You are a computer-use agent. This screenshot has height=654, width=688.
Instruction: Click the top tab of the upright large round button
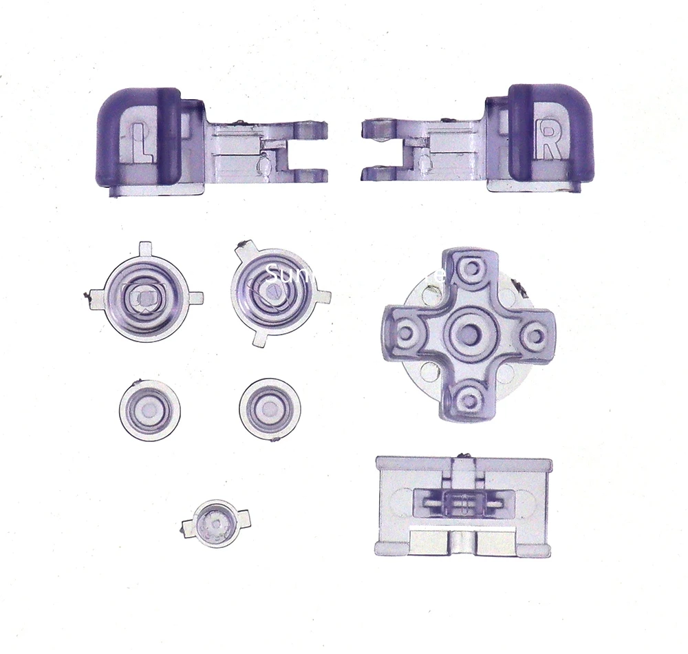click(145, 248)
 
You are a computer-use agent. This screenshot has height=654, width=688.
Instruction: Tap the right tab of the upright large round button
click(195, 298)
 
